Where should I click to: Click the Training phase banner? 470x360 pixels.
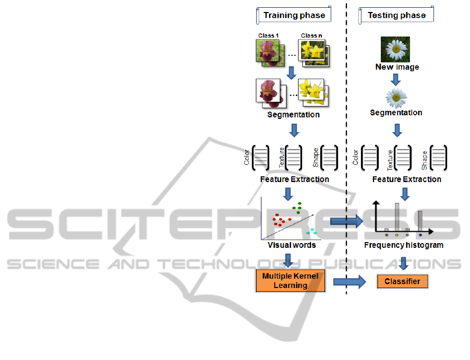pyautogui.click(x=294, y=15)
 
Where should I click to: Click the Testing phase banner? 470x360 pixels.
pyautogui.click(x=396, y=15)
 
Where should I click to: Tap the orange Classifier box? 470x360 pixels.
pyautogui.click(x=402, y=282)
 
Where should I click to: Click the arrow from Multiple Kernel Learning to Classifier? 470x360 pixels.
pyautogui.click(x=350, y=282)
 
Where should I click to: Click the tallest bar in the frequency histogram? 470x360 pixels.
pyautogui.click(x=397, y=216)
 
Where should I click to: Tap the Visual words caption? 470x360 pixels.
pyautogui.click(x=292, y=245)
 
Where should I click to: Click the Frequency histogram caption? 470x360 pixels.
pyautogui.click(x=403, y=245)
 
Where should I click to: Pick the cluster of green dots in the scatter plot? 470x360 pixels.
pyautogui.click(x=298, y=208)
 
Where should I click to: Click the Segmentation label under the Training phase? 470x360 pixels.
pyautogui.click(x=293, y=115)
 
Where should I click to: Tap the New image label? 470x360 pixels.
pyautogui.click(x=397, y=67)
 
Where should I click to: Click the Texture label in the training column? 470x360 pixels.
pyautogui.click(x=282, y=157)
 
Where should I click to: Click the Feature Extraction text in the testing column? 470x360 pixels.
pyautogui.click(x=406, y=179)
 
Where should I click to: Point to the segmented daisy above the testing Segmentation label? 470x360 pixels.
pyautogui.click(x=396, y=98)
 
